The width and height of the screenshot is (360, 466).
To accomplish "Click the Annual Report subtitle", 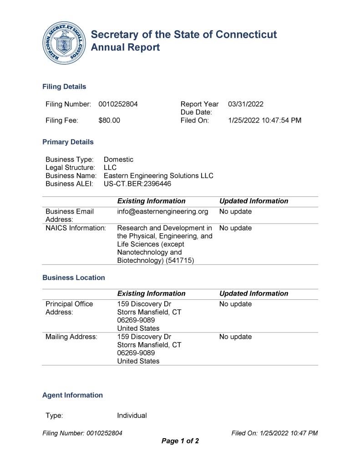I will [x=125, y=47].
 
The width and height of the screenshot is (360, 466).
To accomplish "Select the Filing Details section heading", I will [x=64, y=87].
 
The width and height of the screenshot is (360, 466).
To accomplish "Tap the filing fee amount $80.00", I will [x=109, y=121].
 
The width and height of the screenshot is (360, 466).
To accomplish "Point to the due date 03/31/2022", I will [x=246, y=104].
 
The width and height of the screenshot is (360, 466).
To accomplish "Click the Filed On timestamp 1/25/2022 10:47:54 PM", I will [x=264, y=121].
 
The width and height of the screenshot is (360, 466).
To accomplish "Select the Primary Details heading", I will [x=68, y=142].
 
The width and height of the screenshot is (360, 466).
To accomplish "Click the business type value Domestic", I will [x=119, y=159].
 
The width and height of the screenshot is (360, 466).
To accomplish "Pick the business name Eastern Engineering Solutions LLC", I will [x=158, y=176].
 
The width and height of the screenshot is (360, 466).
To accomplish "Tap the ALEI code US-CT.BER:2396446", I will [x=137, y=184].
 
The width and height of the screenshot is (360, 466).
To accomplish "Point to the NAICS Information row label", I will [x=76, y=228].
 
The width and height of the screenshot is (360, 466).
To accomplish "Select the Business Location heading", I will [x=73, y=278].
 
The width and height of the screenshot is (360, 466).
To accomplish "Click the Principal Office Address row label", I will [x=69, y=308].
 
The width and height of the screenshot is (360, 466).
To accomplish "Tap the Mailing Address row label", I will [x=71, y=337].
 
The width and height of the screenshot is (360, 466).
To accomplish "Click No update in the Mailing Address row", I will [x=235, y=337].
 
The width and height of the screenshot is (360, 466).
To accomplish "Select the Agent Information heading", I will [x=72, y=395].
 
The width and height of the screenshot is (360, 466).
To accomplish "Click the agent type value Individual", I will [x=132, y=416].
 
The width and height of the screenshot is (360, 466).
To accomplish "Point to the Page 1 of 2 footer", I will [x=180, y=441].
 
